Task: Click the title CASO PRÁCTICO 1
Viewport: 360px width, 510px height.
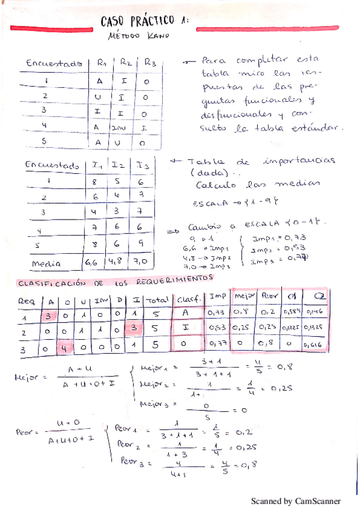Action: [145, 21]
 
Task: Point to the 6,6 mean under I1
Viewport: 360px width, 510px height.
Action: [91, 262]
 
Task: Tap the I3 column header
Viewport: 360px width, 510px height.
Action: [143, 165]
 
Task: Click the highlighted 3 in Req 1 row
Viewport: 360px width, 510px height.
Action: [48, 315]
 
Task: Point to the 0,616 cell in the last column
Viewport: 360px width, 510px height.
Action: [316, 345]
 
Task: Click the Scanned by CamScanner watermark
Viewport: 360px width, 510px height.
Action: [295, 500]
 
